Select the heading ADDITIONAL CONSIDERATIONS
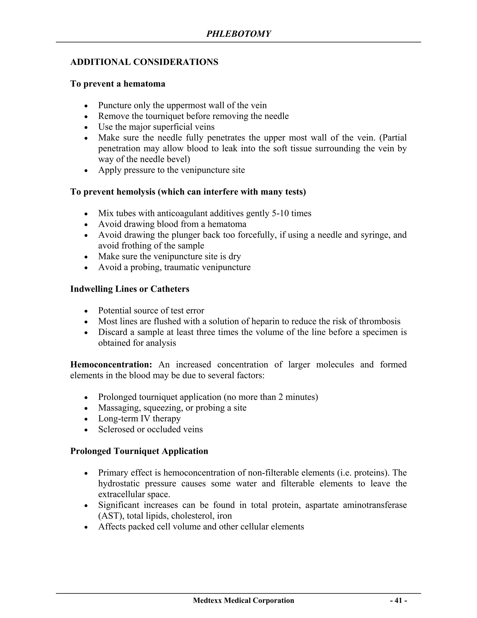144,62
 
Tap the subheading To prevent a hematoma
118,84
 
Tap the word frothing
137,245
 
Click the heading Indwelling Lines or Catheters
130,289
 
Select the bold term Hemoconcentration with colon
111,365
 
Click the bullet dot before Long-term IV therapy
86,419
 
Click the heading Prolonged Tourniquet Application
139,451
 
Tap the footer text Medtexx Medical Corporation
243,600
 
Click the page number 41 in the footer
399,600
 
